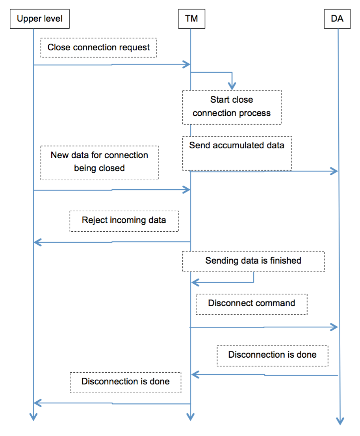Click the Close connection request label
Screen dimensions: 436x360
pos(98,48)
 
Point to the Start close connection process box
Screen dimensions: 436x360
pos(232,107)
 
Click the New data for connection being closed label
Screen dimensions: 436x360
pos(99,162)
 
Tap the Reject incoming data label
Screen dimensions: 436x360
pos(124,220)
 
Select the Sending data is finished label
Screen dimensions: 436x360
pos(253,261)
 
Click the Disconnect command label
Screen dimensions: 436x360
pos(251,304)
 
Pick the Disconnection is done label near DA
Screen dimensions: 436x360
pos(272,355)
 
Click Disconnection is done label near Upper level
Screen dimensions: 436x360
pos(125,382)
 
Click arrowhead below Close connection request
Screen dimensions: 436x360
pos(187,65)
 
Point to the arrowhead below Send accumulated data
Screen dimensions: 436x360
pos(334,171)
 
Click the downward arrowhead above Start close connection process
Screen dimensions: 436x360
pos(232,86)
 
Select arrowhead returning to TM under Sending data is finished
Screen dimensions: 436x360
pos(195,282)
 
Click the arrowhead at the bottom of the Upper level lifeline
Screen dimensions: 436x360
pos(34,417)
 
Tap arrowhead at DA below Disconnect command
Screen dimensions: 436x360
pos(334,327)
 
